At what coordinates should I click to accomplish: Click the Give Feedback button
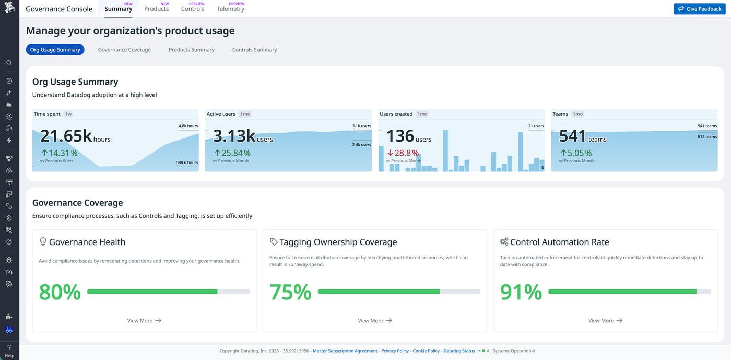pos(699,9)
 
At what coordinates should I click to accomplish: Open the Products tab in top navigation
pos(156,9)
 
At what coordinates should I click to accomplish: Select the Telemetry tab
pos(230,9)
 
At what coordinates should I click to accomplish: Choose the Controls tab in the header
pos(193,9)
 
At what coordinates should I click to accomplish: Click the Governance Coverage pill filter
pos(124,50)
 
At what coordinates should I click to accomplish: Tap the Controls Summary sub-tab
pos(254,50)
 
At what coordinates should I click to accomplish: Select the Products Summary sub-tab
pos(191,50)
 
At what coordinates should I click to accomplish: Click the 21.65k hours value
pos(75,136)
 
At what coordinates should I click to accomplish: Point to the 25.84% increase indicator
pos(232,153)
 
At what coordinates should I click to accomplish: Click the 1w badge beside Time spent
pos(68,114)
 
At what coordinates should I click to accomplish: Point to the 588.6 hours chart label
pos(187,162)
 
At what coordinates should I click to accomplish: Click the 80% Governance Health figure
pos(60,292)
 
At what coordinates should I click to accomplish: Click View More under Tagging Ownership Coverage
pos(374,321)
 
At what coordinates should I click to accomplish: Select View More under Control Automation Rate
pos(605,321)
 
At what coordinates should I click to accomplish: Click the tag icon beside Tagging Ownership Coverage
pos(274,242)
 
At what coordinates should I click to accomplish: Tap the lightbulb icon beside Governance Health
pos(43,242)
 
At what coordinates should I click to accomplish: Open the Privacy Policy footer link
pos(395,351)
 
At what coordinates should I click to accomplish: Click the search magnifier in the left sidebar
pos(9,63)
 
